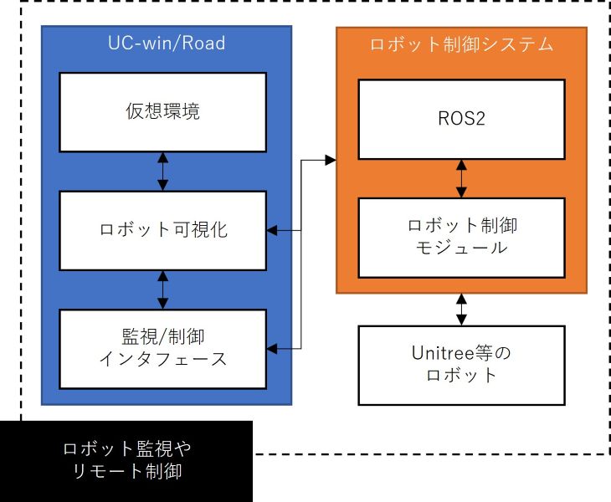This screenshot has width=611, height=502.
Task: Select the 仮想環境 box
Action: pos(162,112)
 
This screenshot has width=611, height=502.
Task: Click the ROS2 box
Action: pos(460,119)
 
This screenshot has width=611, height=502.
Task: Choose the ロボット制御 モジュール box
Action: pos(460,237)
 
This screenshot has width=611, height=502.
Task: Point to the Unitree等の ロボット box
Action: pos(460,365)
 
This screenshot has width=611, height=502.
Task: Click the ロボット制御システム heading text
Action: pos(461,44)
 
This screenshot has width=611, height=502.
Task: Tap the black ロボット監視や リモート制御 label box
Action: pos(126,460)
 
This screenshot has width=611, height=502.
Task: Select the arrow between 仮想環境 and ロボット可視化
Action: pos(162,171)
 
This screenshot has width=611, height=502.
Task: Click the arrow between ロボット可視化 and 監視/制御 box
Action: pos(162,289)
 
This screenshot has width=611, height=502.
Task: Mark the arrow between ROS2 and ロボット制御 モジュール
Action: pos(460,178)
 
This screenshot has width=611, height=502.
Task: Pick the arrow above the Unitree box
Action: pos(460,309)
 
